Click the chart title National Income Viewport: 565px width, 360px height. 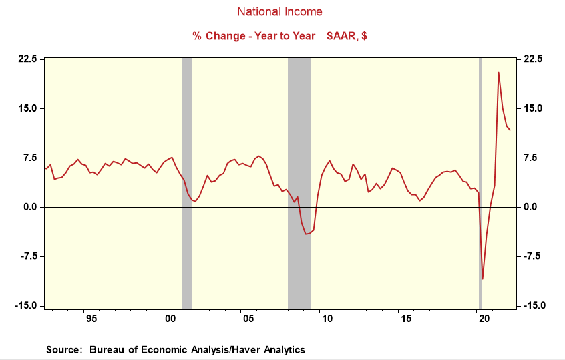[x=280, y=12]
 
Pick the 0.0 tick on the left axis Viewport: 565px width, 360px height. [x=29, y=207]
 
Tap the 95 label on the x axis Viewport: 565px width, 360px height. [x=91, y=318]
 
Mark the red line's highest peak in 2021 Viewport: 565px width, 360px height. [x=498, y=73]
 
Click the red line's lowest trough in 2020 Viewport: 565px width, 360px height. [x=482, y=279]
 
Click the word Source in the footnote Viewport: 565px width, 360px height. [x=63, y=349]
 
